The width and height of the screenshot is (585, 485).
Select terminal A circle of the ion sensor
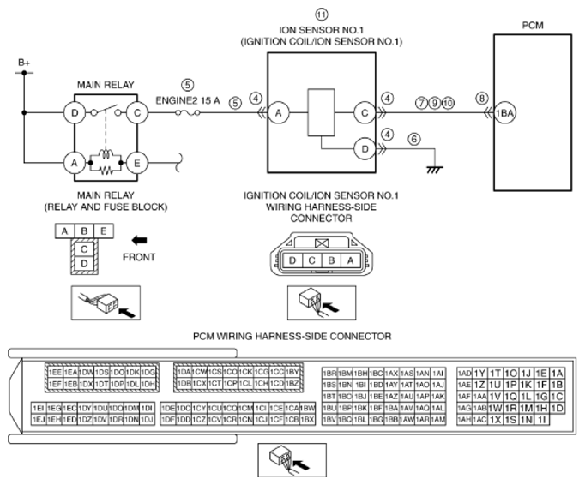[278, 111]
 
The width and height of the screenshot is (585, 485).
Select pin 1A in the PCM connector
[558, 373]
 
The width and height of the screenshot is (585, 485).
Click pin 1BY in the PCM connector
[292, 371]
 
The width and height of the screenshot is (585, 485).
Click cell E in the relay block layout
[104, 231]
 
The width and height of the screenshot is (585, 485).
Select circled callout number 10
[449, 101]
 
